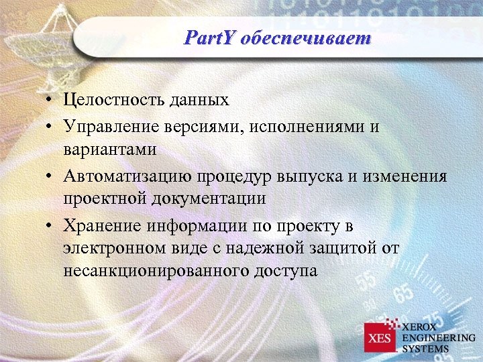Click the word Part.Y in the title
pos(209,38)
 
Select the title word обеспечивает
pos(305,38)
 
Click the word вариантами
pos(110,149)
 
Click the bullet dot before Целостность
pos(51,101)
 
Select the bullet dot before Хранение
pos(51,225)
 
